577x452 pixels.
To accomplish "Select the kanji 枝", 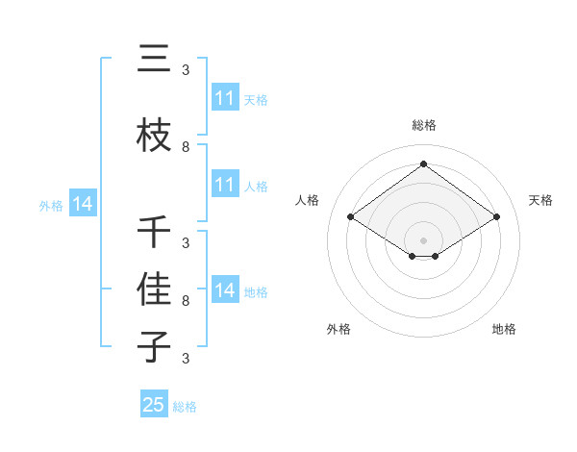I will point(154,136).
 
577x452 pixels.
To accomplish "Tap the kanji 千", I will point(154,232).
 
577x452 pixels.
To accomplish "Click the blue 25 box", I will point(154,405).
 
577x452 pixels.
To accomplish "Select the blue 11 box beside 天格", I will point(225,98).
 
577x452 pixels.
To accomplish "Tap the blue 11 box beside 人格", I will point(225,185).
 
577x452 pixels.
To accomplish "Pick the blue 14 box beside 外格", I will point(83,204).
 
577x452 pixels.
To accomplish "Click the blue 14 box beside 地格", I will point(225,290).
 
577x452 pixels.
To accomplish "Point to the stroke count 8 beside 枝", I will point(186,147).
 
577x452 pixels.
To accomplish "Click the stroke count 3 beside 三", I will point(186,70).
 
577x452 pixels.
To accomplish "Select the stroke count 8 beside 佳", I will point(186,301).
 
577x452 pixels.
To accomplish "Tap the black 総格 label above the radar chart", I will point(424,125).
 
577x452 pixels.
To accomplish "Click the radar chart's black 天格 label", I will point(540,200).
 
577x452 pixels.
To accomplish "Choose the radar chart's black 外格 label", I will point(339,329).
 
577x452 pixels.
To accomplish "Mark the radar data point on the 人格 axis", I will point(351,217).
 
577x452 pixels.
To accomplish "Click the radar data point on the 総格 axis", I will point(424,164).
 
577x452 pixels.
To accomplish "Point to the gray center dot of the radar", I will point(424,239).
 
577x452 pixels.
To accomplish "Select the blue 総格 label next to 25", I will point(185,407).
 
